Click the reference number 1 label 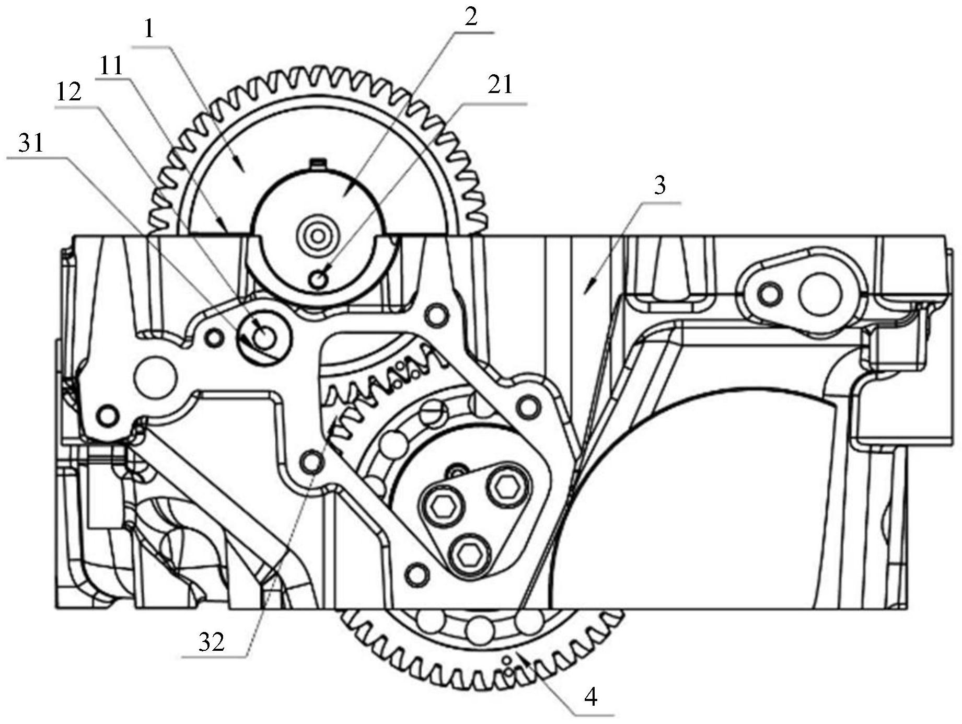tap(149, 29)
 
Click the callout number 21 tap(500, 85)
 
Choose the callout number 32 tap(211, 641)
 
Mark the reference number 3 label tap(660, 185)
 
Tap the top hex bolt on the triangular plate tap(505, 488)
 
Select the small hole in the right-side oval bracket tap(769, 294)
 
